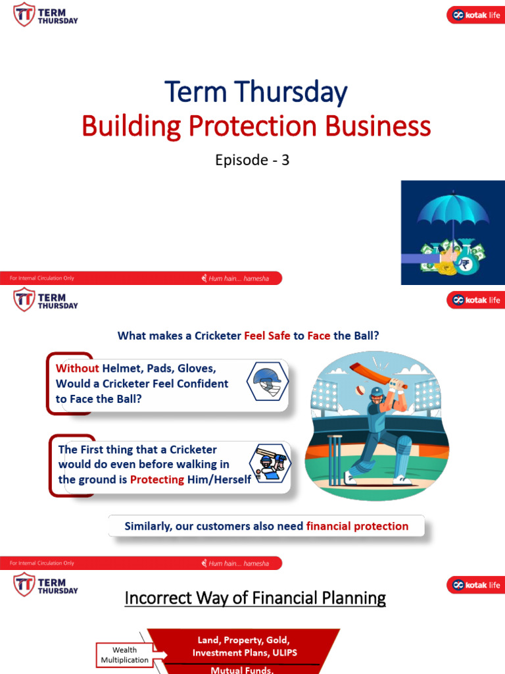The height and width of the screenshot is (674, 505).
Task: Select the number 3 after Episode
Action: (285, 160)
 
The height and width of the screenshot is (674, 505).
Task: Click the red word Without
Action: (78, 369)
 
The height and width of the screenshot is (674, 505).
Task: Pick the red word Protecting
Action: (157, 480)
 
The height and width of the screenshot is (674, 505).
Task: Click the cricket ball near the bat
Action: (360, 390)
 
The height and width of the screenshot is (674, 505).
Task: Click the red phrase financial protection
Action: (357, 527)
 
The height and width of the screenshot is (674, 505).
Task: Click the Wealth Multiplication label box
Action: (124, 655)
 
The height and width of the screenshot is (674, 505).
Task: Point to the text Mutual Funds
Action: (243, 670)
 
